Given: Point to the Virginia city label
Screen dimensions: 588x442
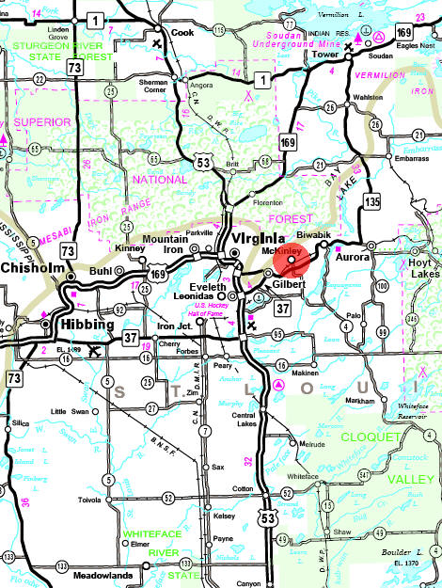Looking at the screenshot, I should click(251, 239).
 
